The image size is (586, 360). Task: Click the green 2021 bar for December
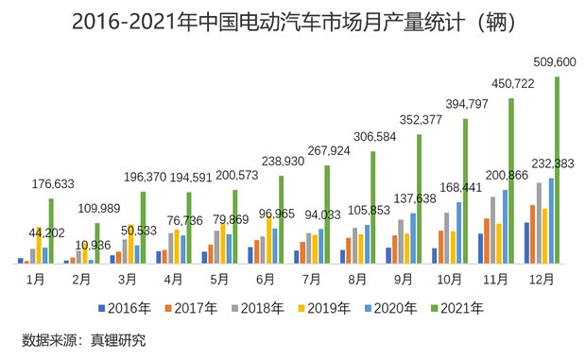558,170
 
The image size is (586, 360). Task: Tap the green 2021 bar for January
51,231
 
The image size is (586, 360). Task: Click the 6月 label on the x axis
265,279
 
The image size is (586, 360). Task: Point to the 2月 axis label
81,279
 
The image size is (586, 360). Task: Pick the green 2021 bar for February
97,243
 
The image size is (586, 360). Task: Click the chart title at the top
292,22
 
